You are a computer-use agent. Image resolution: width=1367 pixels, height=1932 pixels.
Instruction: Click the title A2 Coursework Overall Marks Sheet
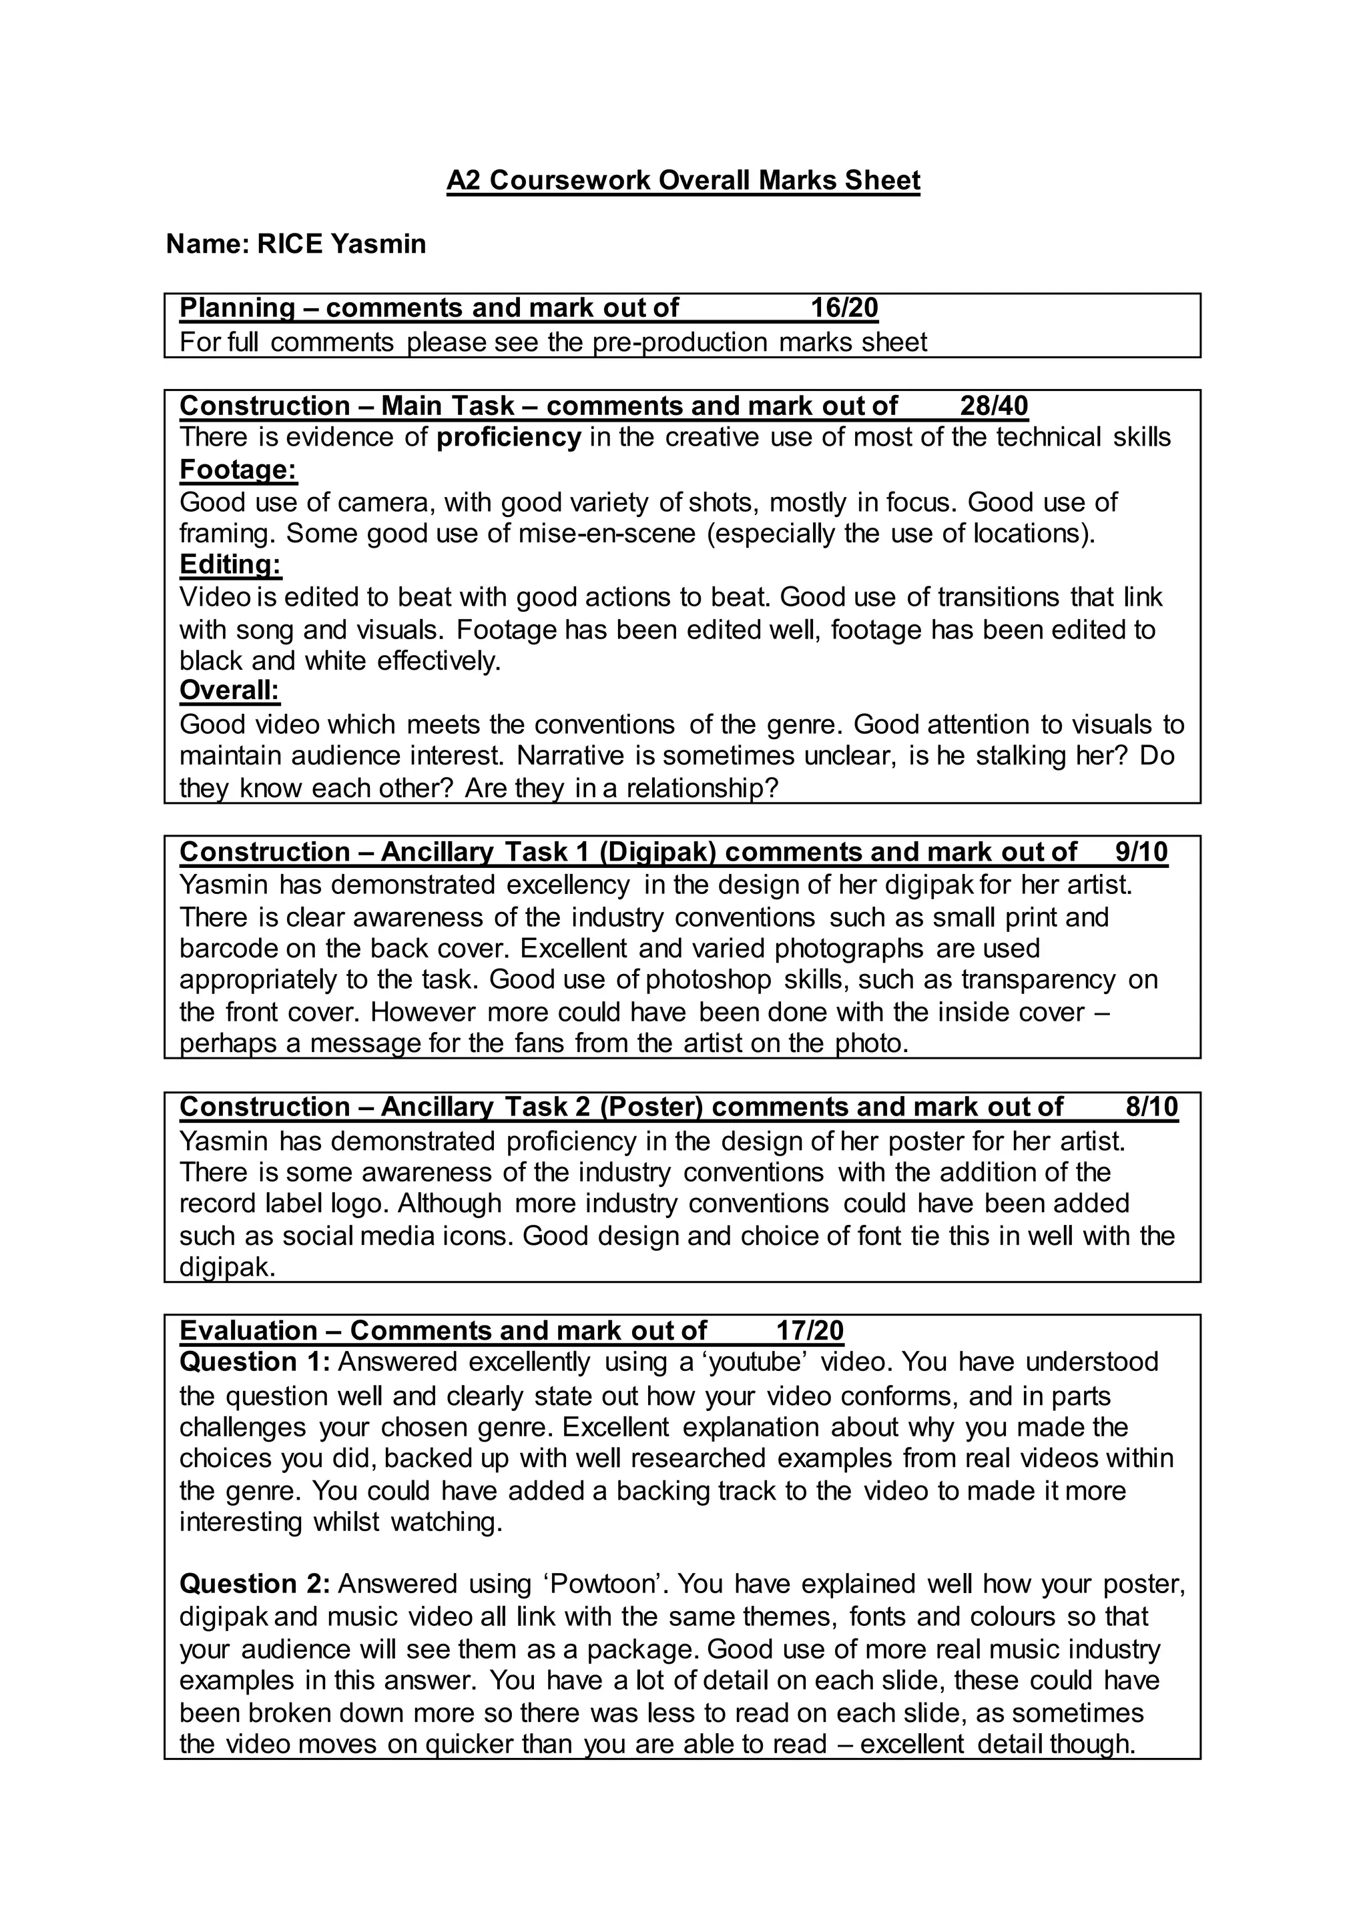click(683, 180)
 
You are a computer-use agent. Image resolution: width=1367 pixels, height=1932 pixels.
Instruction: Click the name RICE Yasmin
click(341, 244)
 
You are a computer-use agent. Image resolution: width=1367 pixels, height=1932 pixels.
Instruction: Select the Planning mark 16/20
click(844, 308)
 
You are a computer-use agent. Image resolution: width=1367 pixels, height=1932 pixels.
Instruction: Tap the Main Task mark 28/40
click(993, 406)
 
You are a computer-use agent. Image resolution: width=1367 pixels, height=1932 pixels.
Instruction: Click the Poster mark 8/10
click(1151, 1107)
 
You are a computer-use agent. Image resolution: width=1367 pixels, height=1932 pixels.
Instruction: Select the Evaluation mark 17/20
click(809, 1330)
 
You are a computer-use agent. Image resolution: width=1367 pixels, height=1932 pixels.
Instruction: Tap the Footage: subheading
click(238, 469)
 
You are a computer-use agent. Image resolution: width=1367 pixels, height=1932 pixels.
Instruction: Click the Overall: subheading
click(229, 691)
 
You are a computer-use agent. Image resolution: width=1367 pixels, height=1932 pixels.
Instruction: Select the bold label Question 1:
click(254, 1362)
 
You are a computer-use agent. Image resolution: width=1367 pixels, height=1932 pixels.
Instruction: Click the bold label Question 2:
click(254, 1584)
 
